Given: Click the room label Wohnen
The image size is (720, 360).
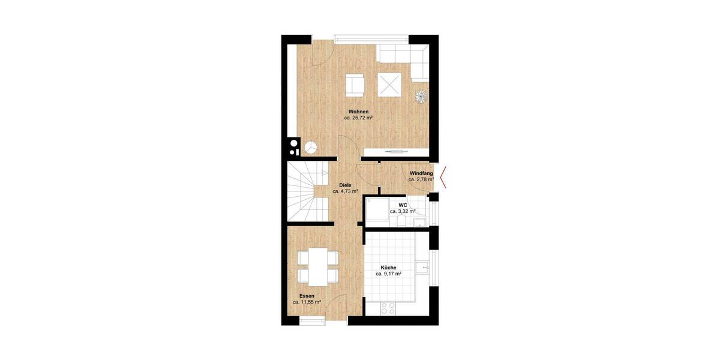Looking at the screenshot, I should click(359, 112).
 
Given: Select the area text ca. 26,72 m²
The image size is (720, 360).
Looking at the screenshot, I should click(359, 119).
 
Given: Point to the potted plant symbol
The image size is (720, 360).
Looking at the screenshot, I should click(421, 96).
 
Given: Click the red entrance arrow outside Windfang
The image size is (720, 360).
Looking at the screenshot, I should click(443, 176).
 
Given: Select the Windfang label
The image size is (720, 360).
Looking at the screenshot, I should click(421, 173).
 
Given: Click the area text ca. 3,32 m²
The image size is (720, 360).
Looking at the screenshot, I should click(403, 211).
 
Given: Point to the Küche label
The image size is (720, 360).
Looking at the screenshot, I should click(388, 267).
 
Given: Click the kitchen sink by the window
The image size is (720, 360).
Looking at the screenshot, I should click(425, 266).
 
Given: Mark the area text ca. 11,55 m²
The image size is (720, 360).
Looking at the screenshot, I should click(307, 302).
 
